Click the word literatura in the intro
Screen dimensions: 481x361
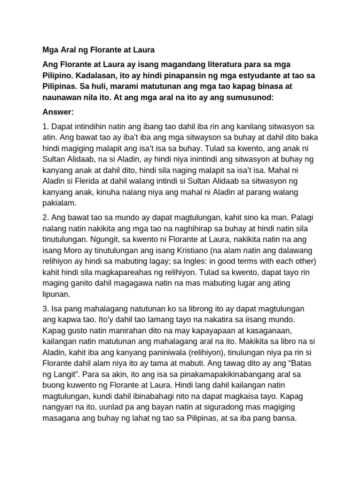tap(203, 63)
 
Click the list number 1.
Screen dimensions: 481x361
tap(45, 127)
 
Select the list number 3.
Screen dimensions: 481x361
tap(45, 309)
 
